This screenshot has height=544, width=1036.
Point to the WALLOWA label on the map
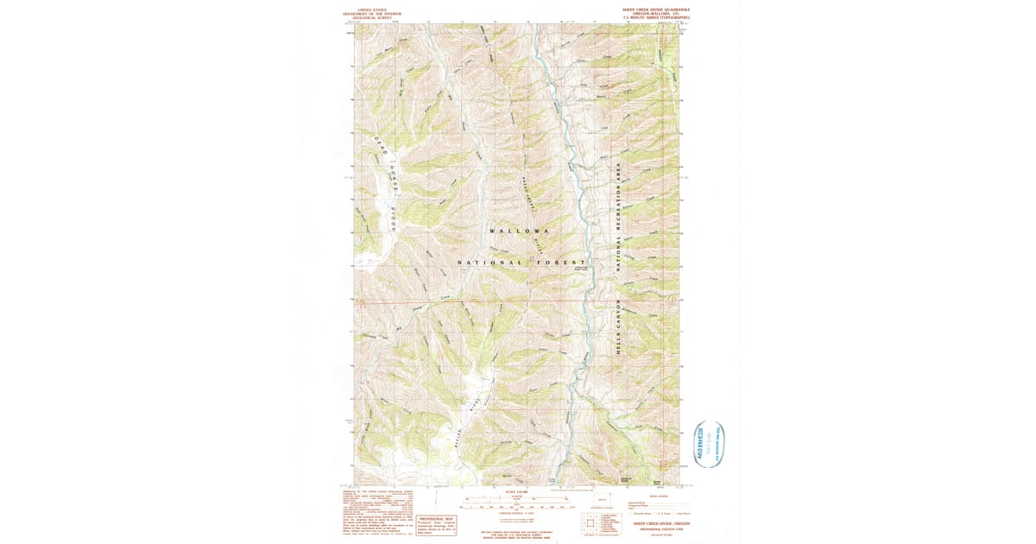[x=519, y=232]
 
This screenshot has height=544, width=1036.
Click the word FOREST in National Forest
[x=557, y=262]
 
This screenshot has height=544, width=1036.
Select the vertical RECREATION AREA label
[x=619, y=216]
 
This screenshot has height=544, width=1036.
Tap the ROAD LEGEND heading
[x=658, y=496]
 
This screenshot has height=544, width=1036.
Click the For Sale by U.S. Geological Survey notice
[x=518, y=533]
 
